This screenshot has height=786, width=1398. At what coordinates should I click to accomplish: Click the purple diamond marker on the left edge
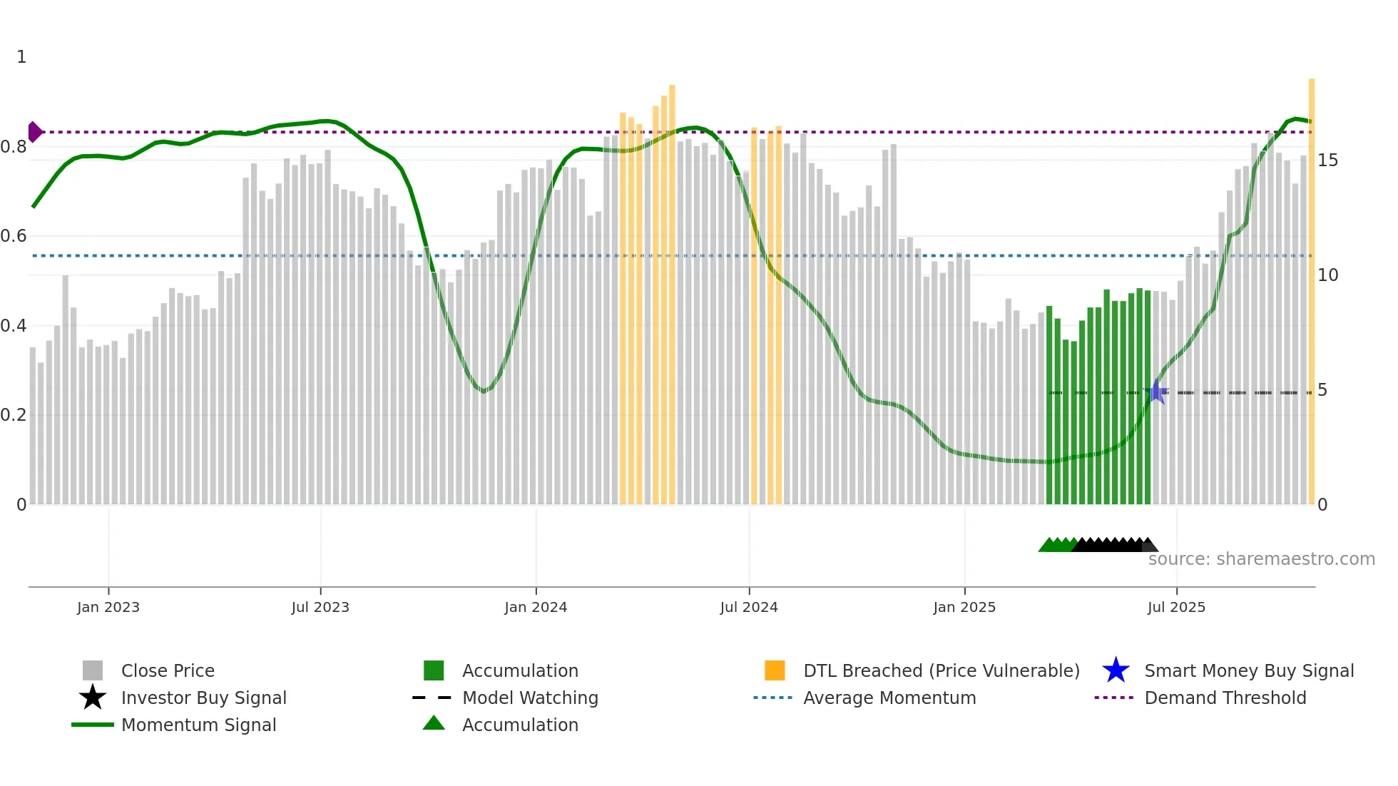(34, 132)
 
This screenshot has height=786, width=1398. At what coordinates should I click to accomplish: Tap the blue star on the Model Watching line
(1156, 392)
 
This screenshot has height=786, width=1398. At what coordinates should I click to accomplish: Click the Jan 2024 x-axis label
(536, 607)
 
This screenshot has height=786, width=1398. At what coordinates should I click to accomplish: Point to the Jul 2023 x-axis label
(320, 607)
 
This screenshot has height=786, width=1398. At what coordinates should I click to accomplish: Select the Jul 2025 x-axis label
(1176, 607)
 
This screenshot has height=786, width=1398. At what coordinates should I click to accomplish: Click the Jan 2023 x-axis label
(108, 607)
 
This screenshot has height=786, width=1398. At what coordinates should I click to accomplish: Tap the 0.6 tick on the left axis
(14, 236)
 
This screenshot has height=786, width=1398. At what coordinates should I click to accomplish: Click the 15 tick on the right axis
(1327, 160)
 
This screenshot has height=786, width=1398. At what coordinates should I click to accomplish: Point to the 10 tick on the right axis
(1327, 275)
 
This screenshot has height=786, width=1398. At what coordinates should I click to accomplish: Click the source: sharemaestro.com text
(1261, 559)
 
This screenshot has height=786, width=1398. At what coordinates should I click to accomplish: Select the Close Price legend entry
(168, 670)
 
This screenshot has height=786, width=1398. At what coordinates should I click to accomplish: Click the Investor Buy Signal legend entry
(203, 698)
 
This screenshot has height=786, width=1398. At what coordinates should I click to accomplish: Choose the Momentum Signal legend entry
(198, 725)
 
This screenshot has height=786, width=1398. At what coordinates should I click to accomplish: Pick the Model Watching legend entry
(530, 698)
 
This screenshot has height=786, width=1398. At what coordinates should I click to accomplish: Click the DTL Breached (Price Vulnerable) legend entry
(941, 670)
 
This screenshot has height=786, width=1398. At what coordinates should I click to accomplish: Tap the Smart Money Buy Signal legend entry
(1248, 670)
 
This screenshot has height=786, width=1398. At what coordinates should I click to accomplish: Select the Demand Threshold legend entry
(1225, 698)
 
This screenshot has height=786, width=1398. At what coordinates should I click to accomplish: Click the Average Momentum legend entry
(889, 698)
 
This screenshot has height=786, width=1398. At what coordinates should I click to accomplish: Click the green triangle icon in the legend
(434, 724)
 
